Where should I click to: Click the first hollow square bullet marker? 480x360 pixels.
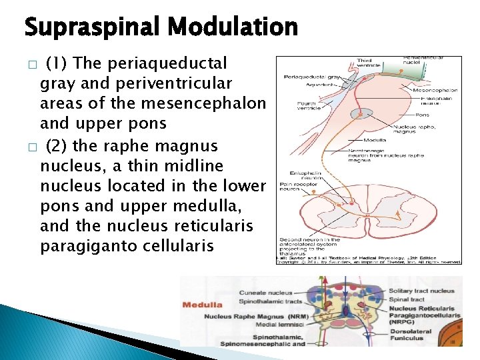point(31,65)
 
